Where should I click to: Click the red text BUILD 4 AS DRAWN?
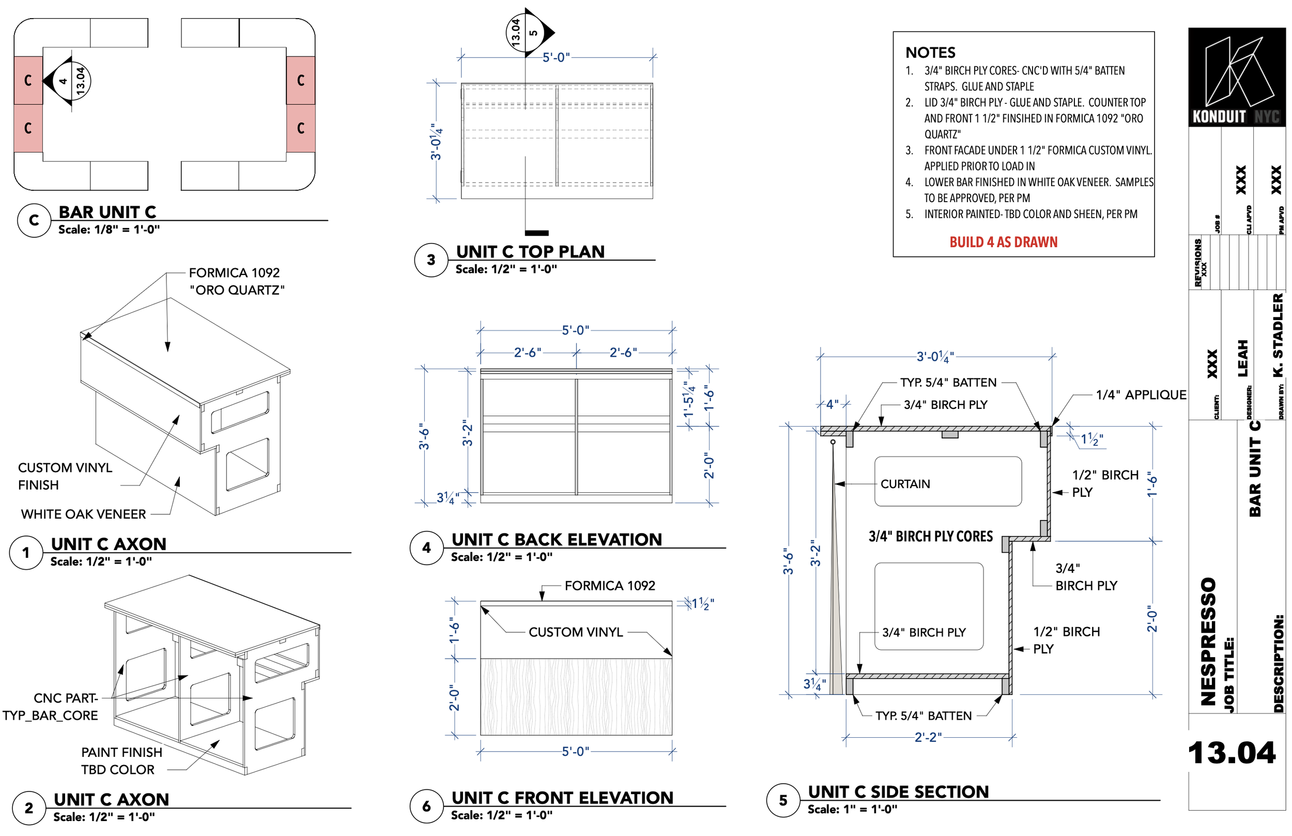pos(1003,242)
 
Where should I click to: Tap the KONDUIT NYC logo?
pos(1236,77)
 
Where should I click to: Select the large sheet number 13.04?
pos(1231,753)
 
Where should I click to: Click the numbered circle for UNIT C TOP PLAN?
pos(431,260)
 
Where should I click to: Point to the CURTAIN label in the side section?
pos(904,484)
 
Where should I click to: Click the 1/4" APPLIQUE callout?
pos(1140,394)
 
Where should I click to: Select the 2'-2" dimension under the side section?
pos(927,737)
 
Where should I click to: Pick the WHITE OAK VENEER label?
pos(83,513)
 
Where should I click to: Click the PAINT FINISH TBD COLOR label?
pos(121,761)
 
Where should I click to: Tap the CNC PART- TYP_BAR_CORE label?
pos(51,706)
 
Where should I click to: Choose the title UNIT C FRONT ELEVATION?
pos(562,797)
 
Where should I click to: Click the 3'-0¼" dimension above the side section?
pos(934,357)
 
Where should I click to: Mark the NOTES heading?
pos(930,53)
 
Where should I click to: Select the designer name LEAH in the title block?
pos(1242,358)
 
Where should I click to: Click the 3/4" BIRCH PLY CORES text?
pos(930,536)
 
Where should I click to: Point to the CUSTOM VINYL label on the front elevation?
pos(575,632)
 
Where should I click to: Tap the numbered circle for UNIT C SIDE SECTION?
pos(782,800)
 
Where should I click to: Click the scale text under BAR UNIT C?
pos(109,230)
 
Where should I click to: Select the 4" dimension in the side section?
pos(832,404)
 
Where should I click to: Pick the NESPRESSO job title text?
pos(1208,641)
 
